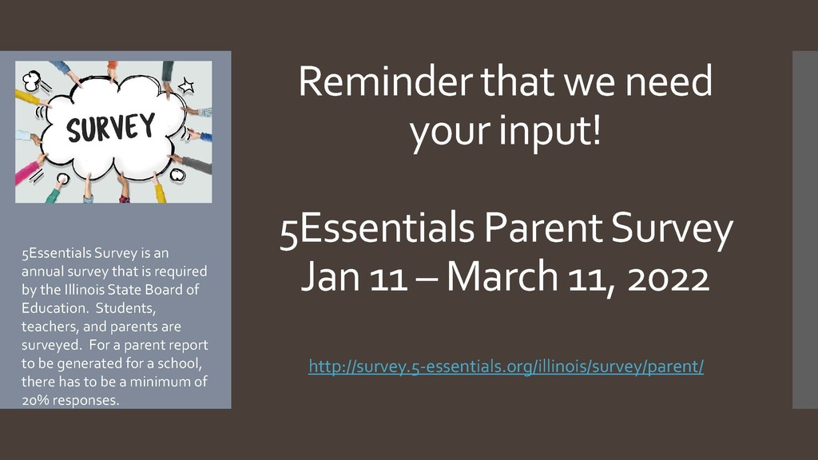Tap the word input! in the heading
(x=550, y=130)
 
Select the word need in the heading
(x=669, y=81)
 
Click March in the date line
(x=502, y=276)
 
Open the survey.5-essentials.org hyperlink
(x=506, y=367)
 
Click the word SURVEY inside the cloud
(x=110, y=127)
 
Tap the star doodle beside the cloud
(x=186, y=85)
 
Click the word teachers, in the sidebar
(x=50, y=327)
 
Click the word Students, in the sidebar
(x=125, y=307)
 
